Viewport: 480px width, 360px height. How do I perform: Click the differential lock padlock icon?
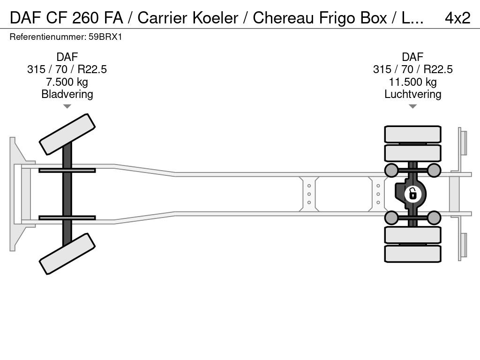412,193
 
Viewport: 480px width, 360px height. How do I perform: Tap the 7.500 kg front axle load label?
67,82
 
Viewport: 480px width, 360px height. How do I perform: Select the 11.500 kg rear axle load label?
412,82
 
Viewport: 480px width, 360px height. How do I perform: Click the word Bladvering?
67,94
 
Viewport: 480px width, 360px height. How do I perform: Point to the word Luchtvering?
412,94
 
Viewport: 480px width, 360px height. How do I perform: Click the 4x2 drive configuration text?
457,18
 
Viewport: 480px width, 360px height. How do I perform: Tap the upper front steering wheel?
67,134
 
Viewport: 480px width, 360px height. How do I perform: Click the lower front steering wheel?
67,254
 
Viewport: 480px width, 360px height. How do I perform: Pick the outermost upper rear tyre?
412,134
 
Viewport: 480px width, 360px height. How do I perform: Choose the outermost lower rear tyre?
412,254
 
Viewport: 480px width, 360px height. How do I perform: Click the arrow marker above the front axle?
67,107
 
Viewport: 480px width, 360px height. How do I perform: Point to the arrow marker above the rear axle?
412,107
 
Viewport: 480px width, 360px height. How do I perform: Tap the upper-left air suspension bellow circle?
391,170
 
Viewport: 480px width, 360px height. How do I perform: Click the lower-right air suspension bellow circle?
434,217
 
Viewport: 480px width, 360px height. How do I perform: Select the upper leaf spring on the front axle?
67,170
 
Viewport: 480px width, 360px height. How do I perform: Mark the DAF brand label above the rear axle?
412,57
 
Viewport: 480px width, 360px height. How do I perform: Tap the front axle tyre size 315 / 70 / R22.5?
67,69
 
